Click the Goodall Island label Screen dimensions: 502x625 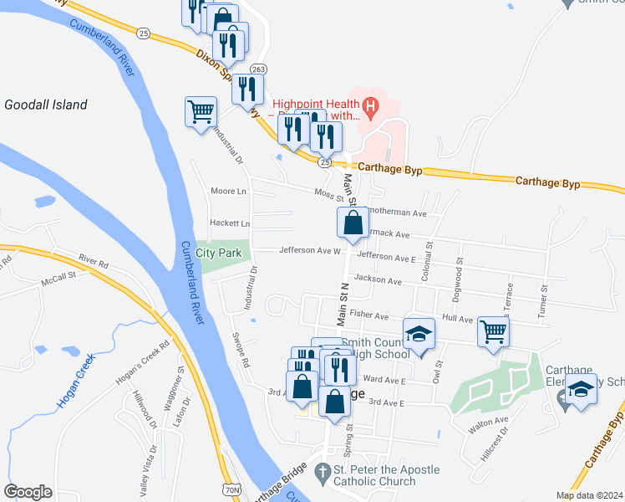click(46, 105)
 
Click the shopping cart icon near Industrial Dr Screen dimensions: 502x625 click(201, 111)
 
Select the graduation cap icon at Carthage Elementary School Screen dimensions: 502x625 click(581, 390)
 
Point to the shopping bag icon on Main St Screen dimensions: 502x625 click(353, 223)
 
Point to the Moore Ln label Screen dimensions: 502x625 click(229, 192)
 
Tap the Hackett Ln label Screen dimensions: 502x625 click(230, 224)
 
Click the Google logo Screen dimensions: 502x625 click(28, 492)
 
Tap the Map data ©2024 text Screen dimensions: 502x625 click(588, 495)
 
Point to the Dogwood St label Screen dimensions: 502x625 click(458, 273)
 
